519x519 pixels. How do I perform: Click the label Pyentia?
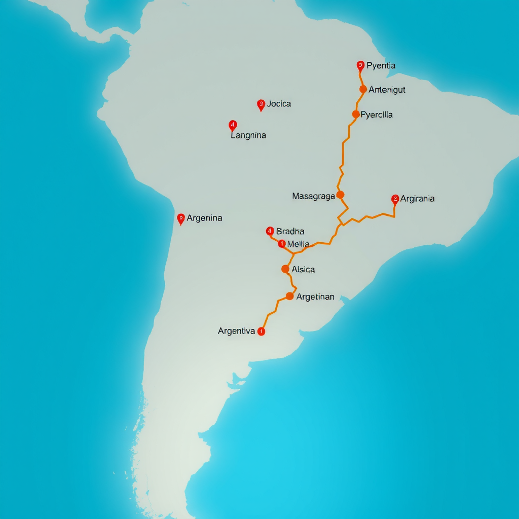point(381,66)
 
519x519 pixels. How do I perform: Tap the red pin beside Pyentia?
point(360,65)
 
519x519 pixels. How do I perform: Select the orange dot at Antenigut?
point(363,89)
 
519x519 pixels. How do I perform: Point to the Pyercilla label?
point(377,115)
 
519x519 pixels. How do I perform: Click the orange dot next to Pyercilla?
point(356,114)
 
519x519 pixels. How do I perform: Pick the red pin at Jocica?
point(261,105)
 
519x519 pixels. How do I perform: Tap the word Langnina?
point(248,135)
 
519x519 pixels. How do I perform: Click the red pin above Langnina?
point(233,125)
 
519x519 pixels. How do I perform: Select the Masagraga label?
point(314,196)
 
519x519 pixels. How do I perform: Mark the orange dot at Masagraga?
point(340,195)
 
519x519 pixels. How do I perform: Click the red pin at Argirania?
point(395,199)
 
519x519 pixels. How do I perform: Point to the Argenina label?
point(204,218)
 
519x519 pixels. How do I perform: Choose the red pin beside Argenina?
point(181,218)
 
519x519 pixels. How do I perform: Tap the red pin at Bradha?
point(270,232)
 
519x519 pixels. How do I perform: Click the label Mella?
point(298,244)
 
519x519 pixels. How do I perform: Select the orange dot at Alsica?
point(285,269)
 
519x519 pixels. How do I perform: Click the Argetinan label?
point(315,297)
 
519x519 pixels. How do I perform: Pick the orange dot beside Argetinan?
point(289,296)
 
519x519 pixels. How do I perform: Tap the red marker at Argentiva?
point(261,331)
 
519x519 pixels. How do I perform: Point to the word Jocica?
point(279,104)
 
